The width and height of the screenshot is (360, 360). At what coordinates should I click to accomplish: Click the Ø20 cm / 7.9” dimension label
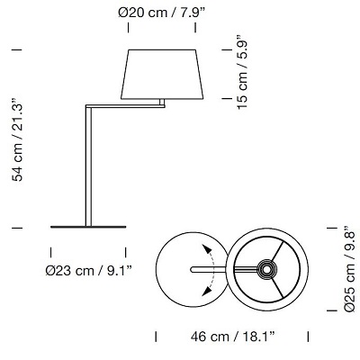click(x=162, y=13)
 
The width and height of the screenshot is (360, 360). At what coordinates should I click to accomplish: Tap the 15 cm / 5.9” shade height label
click(x=242, y=73)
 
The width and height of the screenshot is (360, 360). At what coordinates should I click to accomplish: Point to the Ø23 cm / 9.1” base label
click(x=89, y=271)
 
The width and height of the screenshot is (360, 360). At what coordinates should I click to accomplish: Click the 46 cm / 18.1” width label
click(x=232, y=337)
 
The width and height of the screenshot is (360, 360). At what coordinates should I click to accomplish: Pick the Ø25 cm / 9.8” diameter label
click(x=349, y=269)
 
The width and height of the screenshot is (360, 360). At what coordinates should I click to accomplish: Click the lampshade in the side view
click(x=162, y=74)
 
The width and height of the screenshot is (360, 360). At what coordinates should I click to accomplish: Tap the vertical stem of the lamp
click(x=88, y=166)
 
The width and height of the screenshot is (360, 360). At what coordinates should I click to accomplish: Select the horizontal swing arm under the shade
click(x=125, y=106)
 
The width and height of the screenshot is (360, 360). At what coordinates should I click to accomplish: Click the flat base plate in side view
click(x=88, y=227)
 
